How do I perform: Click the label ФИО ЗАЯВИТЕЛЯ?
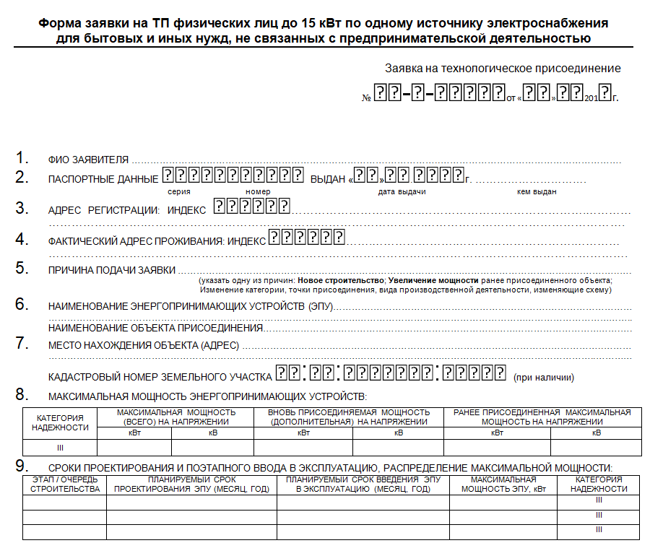88,160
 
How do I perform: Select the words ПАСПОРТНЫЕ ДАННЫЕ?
103,179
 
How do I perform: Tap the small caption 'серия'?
179,191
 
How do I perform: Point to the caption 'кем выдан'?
537,191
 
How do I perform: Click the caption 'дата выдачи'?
402,191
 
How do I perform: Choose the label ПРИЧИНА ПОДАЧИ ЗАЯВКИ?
112,270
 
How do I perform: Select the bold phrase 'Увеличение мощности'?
433,280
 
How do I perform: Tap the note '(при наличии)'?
543,377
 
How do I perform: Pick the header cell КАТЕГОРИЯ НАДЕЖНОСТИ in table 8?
60,422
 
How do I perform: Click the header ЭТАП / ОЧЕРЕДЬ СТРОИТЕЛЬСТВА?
65,484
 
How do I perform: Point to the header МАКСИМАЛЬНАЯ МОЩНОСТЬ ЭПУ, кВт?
503,484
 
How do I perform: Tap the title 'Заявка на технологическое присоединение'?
503,69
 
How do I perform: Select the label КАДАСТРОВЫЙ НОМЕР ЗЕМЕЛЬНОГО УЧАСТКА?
160,377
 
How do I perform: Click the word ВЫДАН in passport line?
327,179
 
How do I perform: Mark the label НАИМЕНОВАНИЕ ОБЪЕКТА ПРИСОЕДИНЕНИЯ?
156,328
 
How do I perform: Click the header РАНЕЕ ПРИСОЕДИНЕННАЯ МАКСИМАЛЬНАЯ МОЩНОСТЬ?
542,417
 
